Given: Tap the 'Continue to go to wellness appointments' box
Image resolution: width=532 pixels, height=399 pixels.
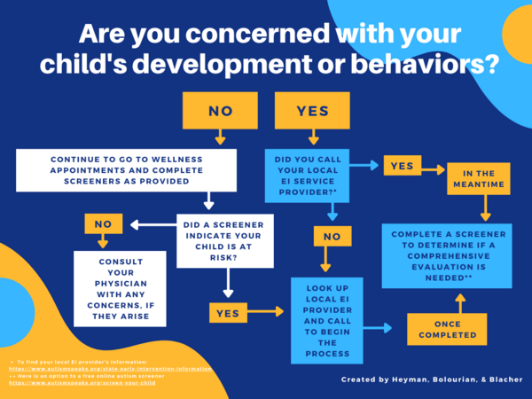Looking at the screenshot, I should point(127,171).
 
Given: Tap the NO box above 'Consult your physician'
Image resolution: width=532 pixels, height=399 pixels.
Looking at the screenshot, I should point(103,223).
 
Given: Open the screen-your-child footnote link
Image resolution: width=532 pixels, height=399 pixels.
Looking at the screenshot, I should point(84,383).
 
